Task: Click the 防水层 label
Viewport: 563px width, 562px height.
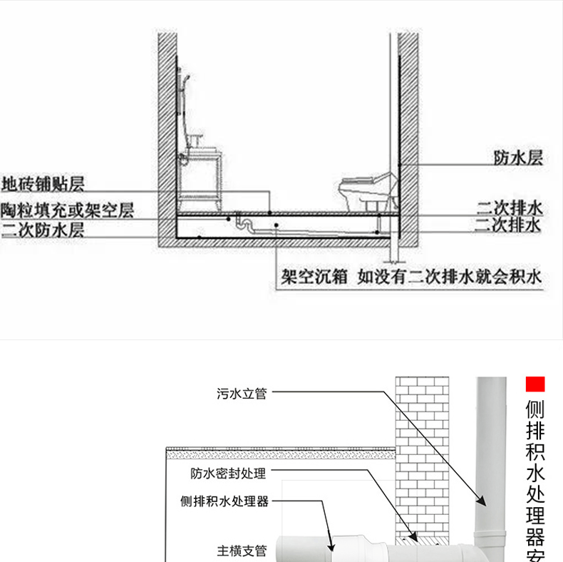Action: point(518,158)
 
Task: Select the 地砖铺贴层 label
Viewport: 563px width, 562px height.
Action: point(43,184)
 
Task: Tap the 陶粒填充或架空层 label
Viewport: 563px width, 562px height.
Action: point(67,210)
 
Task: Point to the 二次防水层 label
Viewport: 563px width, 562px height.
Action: point(43,230)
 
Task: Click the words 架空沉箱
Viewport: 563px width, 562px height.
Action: point(314,277)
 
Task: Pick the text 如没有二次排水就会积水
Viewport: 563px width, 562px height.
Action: point(450,277)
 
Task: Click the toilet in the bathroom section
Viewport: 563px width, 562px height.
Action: point(367,191)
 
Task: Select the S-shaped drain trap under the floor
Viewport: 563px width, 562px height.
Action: point(245,222)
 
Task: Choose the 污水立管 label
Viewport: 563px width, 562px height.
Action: point(242,394)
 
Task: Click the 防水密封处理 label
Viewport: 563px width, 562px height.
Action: point(228,474)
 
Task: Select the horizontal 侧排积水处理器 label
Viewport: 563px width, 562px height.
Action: point(224,501)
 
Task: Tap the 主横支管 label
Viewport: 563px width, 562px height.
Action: point(242,551)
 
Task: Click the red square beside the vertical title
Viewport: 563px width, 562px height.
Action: point(535,384)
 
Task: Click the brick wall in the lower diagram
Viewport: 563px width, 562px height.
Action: point(422,456)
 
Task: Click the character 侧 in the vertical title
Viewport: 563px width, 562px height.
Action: point(535,409)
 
